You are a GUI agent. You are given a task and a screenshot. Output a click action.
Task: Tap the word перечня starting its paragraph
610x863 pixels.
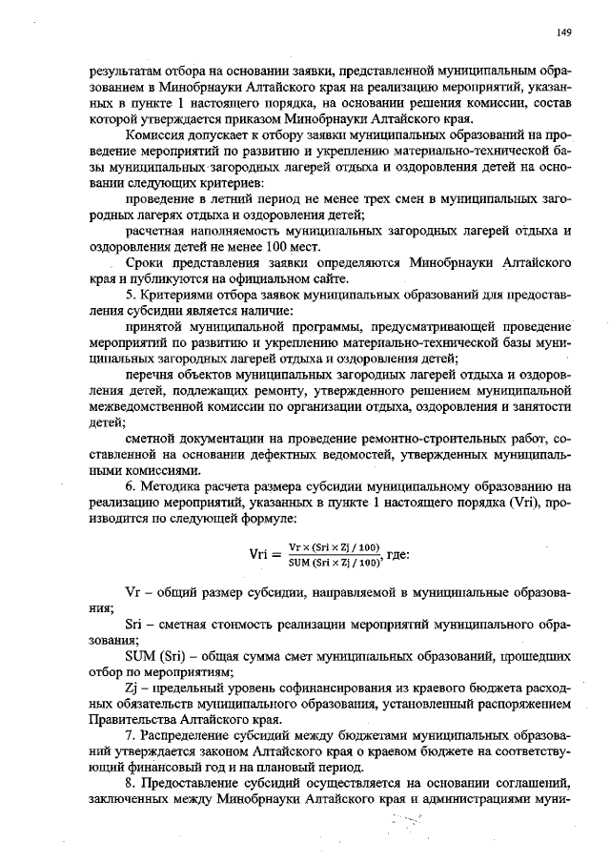click(x=151, y=377)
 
